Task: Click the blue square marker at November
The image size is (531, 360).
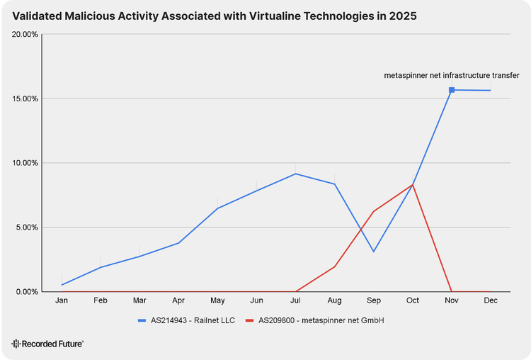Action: click(452, 90)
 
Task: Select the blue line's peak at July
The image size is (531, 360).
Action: click(296, 174)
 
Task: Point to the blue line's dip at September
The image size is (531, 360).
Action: click(374, 252)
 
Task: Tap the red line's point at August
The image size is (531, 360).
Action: click(335, 266)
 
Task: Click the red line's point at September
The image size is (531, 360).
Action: click(374, 211)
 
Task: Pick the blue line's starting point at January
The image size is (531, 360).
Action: click(62, 285)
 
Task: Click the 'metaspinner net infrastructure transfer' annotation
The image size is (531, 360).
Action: click(452, 75)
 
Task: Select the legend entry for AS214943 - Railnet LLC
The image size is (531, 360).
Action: click(186, 320)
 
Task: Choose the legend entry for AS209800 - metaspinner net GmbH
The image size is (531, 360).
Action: click(315, 320)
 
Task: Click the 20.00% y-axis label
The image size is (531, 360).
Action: click(25, 34)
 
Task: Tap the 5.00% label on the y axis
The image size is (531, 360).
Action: click(28, 227)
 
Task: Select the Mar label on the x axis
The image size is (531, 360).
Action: click(139, 300)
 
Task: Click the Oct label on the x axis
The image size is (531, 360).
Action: click(413, 300)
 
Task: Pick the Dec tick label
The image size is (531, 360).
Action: click(491, 300)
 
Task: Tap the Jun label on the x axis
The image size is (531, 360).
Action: click(257, 300)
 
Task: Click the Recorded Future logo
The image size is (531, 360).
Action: click(47, 344)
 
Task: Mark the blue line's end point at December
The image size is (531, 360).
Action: click(491, 91)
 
